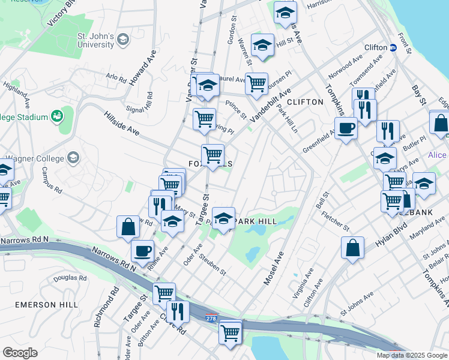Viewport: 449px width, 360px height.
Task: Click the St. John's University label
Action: (95, 40)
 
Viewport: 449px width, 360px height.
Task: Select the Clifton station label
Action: (376, 47)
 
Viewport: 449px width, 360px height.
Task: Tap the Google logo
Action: (20, 353)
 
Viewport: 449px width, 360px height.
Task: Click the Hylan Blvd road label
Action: (391, 232)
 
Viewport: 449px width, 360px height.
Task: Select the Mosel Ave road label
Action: (273, 268)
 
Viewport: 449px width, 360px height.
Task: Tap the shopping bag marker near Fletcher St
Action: (353, 247)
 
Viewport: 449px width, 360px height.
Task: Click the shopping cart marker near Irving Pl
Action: (205, 119)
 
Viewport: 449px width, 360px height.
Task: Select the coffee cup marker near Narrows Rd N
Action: (142, 251)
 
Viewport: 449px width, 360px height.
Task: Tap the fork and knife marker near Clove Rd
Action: (178, 311)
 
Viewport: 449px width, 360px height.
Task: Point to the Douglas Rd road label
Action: (69, 278)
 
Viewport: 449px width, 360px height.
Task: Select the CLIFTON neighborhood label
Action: (305, 102)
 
